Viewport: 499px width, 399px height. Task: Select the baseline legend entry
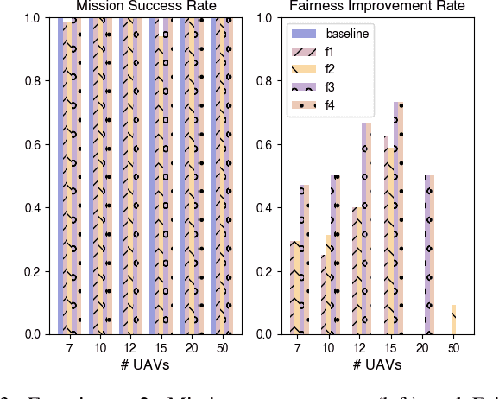(344, 34)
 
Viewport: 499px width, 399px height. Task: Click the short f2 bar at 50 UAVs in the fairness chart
(453, 320)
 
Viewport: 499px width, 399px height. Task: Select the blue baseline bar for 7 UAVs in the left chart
(61, 173)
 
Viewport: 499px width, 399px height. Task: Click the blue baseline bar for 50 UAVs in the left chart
(214, 173)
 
